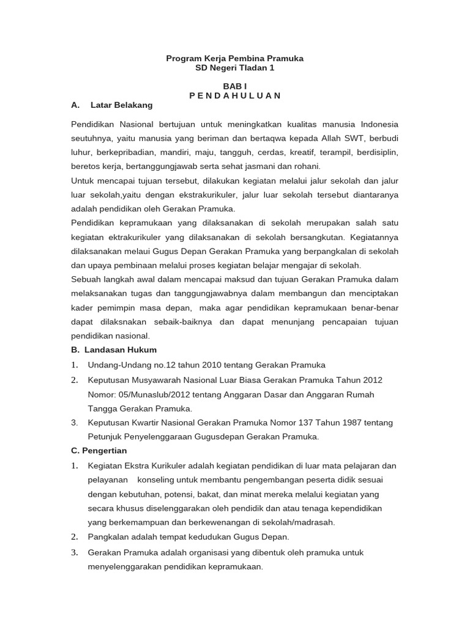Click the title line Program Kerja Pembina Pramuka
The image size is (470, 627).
(x=235, y=58)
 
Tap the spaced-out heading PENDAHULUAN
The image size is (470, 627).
(x=234, y=96)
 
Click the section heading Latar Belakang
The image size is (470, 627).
(x=121, y=105)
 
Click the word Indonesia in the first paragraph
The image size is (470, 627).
(x=379, y=124)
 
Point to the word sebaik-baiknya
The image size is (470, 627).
(x=182, y=321)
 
